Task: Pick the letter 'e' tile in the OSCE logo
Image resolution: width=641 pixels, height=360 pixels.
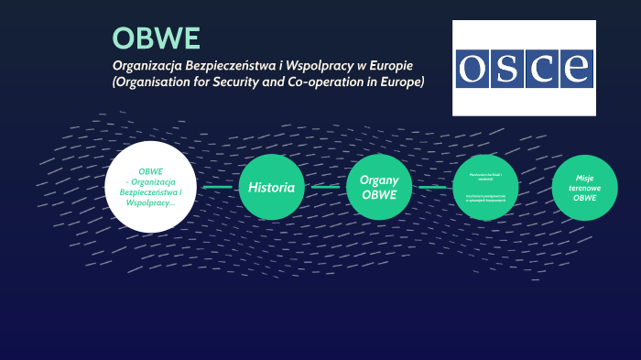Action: [576, 69]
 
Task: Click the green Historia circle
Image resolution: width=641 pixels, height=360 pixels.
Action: [272, 187]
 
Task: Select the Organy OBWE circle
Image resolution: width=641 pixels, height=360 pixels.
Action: [378, 187]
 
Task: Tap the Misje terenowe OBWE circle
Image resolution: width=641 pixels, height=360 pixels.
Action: [585, 188]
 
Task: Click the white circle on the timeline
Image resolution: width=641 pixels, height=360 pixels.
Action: [150, 187]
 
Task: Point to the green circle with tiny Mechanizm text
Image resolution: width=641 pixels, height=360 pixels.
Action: [486, 187]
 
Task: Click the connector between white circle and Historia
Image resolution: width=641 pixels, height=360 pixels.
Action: [217, 187]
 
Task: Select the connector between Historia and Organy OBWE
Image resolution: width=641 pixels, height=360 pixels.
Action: [325, 187]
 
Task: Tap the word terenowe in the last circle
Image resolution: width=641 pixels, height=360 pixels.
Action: [585, 188]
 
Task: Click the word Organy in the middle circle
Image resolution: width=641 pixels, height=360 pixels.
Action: [378, 180]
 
